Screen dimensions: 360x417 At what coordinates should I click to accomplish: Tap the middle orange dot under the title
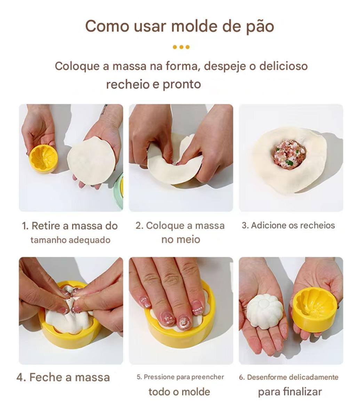click(181, 47)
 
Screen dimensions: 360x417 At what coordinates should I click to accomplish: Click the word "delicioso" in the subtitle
click(283, 66)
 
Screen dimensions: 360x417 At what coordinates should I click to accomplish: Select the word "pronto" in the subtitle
click(182, 85)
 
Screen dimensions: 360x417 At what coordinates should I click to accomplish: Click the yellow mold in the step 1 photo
click(43, 158)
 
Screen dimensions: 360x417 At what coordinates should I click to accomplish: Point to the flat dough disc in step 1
click(91, 161)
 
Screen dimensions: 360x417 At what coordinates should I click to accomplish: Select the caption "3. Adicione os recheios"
click(288, 226)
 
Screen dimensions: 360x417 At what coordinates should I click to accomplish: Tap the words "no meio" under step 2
click(181, 239)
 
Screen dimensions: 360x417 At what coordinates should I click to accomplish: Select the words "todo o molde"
click(179, 392)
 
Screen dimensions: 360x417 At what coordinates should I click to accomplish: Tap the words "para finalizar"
click(290, 392)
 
